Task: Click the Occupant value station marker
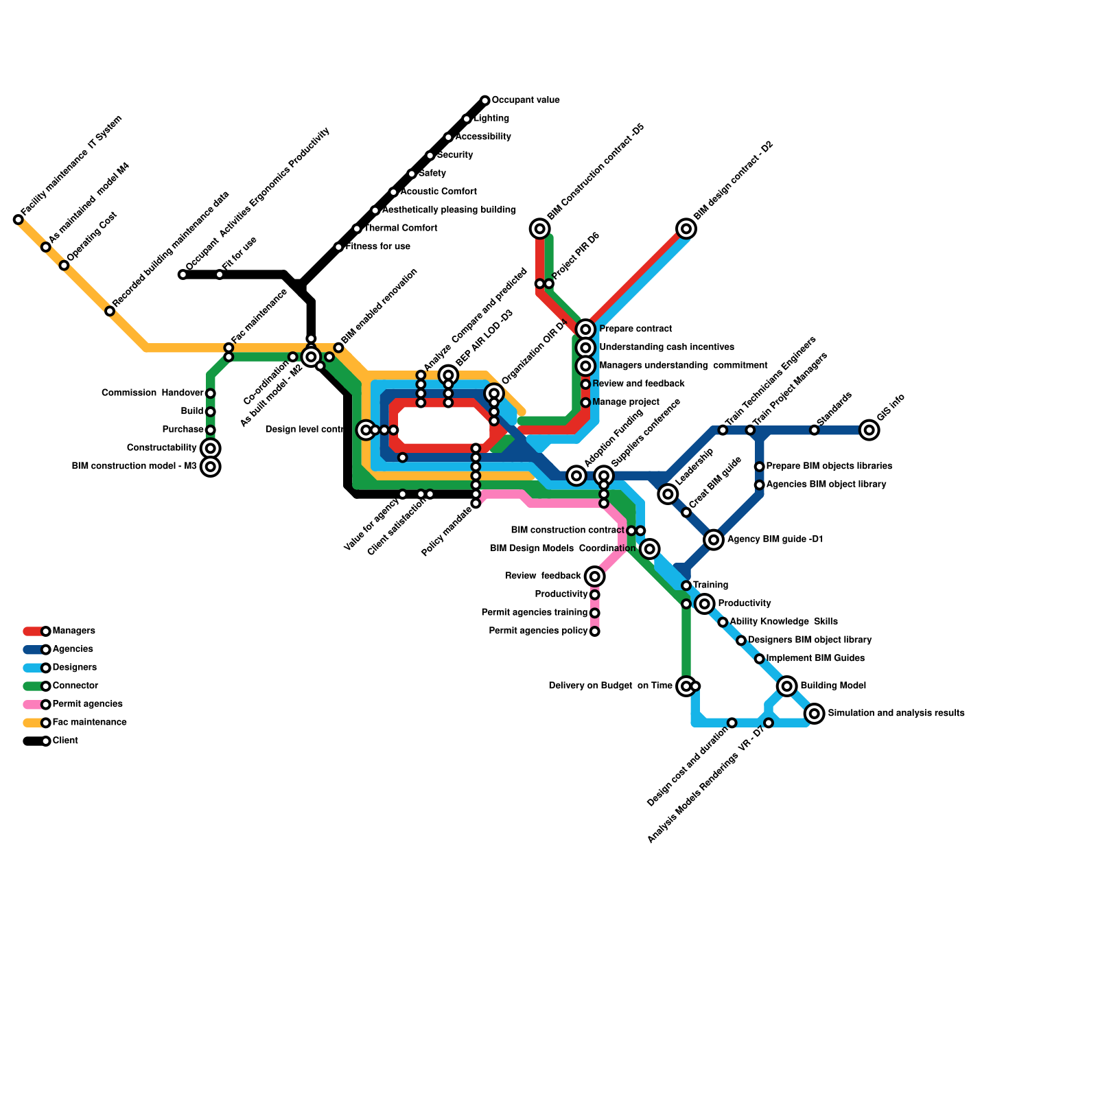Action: pyautogui.click(x=485, y=101)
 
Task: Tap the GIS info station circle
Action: pyautogui.click(x=869, y=430)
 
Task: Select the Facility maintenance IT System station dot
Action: pyautogui.click(x=19, y=220)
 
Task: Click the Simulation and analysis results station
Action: pyautogui.click(x=815, y=714)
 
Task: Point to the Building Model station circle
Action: pyautogui.click(x=787, y=686)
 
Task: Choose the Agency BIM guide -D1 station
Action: pyautogui.click(x=714, y=539)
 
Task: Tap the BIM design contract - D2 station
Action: pyautogui.click(x=686, y=229)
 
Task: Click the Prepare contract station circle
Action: pyautogui.click(x=585, y=329)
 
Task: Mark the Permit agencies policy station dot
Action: pyautogui.click(x=595, y=631)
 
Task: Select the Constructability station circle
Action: pyautogui.click(x=211, y=449)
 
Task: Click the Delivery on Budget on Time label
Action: pyautogui.click(x=610, y=686)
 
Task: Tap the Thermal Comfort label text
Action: pyautogui.click(x=401, y=228)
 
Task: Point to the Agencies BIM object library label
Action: pyautogui.click(x=826, y=484)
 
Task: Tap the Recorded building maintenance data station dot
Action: pyautogui.click(x=110, y=312)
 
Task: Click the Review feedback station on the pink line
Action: pyautogui.click(x=595, y=576)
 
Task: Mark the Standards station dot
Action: pyautogui.click(x=814, y=430)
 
